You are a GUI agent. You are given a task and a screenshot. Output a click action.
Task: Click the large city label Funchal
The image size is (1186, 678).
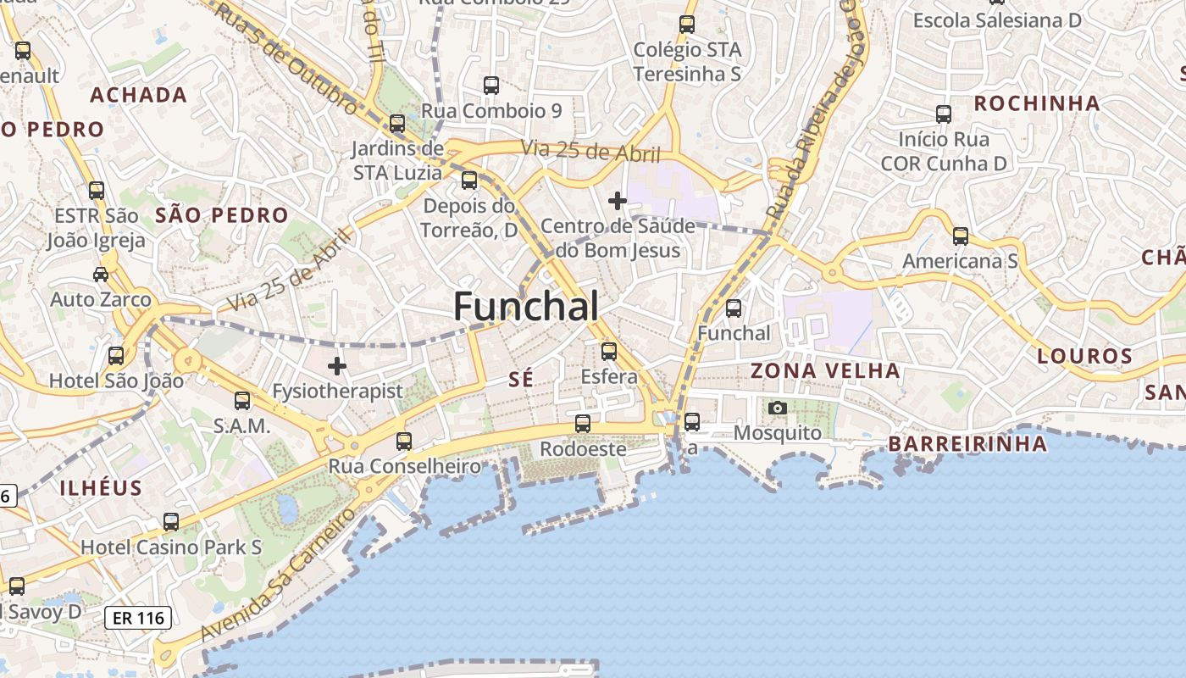pos(526,306)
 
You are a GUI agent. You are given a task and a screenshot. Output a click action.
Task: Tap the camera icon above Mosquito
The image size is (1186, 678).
pos(777,408)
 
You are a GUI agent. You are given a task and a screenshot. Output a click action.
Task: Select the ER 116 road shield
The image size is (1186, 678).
pos(138,618)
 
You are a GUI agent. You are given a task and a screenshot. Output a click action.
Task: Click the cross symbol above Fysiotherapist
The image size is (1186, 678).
pos(337,366)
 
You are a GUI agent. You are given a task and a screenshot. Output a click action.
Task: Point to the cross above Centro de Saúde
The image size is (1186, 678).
pos(618,201)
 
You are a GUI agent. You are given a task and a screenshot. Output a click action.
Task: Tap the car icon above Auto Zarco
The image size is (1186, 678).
pos(101,274)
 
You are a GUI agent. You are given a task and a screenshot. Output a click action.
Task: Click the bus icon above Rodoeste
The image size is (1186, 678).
pos(583,423)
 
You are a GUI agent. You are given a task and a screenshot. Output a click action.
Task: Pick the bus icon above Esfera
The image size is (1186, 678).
pos(609,351)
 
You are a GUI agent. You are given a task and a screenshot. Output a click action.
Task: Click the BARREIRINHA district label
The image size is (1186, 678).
pos(967,443)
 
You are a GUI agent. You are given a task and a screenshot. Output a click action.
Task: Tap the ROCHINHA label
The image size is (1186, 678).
pos(1037,103)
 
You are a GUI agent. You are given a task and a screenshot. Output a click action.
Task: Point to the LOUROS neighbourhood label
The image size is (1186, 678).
pos(1085,356)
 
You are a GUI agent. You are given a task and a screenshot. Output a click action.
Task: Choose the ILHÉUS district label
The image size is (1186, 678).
pos(101,487)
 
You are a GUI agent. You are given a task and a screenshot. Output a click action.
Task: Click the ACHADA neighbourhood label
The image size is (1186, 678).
pos(138,94)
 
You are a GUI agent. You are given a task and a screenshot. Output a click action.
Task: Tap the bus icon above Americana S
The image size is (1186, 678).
pos(960,236)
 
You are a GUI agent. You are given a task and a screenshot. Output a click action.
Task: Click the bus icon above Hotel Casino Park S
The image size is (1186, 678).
pos(171,521)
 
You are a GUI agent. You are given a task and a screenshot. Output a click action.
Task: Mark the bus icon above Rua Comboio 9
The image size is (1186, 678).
pos(491,85)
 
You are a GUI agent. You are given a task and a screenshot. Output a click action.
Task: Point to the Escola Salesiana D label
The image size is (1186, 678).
pos(997,20)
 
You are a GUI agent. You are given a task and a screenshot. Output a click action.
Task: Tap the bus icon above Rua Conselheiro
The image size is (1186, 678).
pos(404,441)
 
